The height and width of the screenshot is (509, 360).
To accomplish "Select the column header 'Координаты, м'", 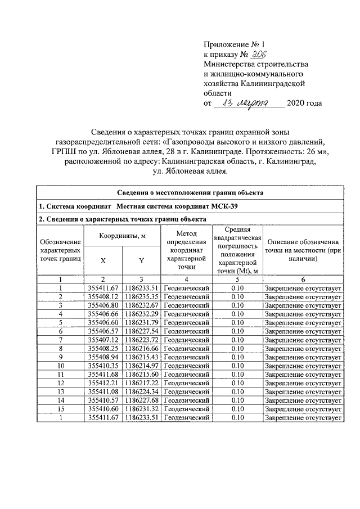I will (x=122, y=236).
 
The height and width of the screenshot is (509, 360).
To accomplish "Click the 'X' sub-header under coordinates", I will (x=102, y=260).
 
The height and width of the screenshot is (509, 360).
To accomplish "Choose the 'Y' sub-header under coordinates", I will (x=141, y=260).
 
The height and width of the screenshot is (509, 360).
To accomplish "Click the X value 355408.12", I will (x=102, y=296).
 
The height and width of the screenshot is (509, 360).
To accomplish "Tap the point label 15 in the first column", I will (x=60, y=409).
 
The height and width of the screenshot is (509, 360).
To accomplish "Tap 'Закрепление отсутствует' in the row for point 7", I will (x=303, y=340).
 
